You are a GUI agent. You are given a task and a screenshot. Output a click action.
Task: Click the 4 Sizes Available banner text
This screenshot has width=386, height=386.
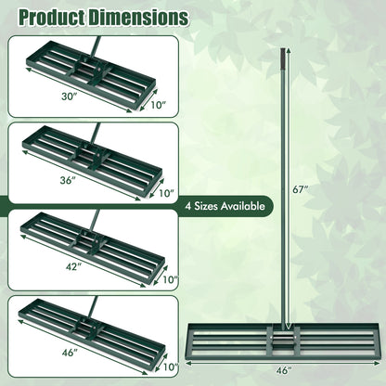(x=225, y=206)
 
